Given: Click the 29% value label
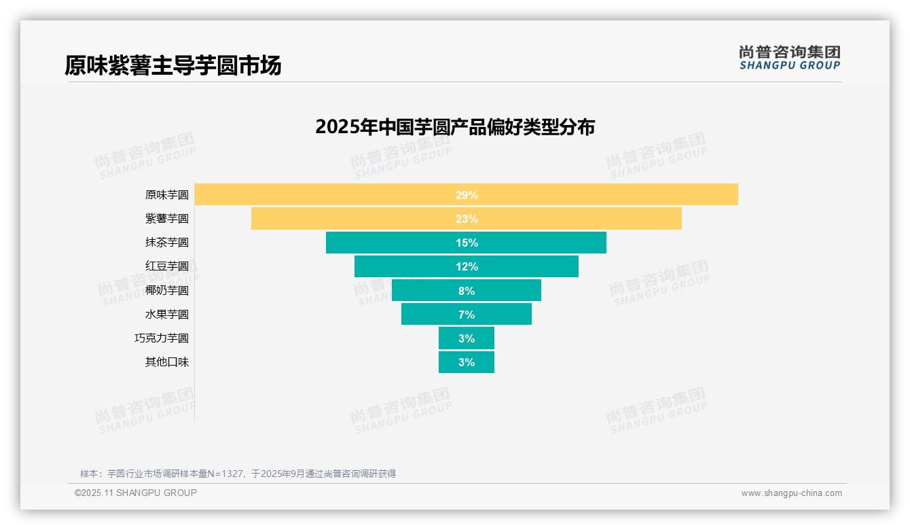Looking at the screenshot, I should click(x=467, y=195).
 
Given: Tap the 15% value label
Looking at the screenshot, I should click(x=467, y=243).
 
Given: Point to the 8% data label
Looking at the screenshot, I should click(x=467, y=291).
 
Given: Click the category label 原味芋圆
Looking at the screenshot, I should click(x=166, y=195).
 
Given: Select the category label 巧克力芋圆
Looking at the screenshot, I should click(x=162, y=338).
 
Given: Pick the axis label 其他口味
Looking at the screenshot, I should click(x=166, y=362).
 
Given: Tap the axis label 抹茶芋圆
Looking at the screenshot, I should click(x=166, y=243).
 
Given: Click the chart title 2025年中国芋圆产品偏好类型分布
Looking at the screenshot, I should click(x=455, y=127).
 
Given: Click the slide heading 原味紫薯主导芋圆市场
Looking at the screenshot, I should click(x=172, y=66).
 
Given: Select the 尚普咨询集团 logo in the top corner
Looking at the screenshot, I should click(x=790, y=57).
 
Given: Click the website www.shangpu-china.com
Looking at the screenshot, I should click(x=791, y=493).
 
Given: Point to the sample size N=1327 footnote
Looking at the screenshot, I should click(x=238, y=474).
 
